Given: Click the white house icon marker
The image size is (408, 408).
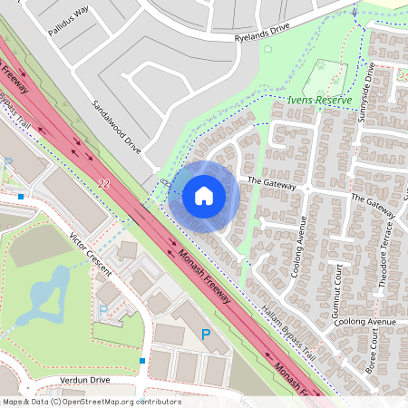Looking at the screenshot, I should (204, 195).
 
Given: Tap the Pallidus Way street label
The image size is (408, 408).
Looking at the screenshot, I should (69, 15).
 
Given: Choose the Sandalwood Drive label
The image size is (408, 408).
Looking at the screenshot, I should (117, 125).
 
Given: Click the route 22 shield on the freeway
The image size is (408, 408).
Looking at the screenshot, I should (103, 184).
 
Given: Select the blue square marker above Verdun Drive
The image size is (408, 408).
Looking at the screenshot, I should (142, 361).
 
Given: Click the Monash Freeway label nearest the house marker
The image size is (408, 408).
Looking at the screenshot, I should (205, 276).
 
